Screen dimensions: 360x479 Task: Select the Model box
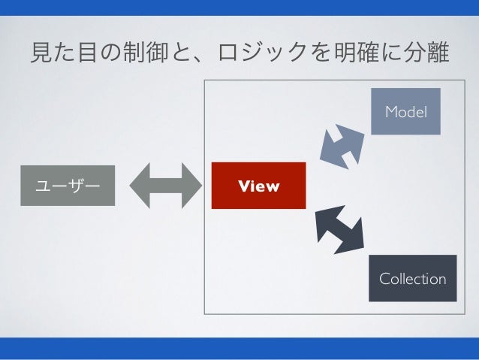[405, 112]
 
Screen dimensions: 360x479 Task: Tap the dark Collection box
[412, 278]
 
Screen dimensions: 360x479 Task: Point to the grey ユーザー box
[68, 185]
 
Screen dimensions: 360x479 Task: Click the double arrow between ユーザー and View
[167, 185]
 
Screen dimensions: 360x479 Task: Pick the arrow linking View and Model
[342, 143]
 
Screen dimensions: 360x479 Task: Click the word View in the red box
[258, 186]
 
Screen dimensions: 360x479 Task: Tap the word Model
[405, 112]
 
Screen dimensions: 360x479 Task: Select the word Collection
[412, 279]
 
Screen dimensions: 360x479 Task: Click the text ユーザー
[68, 185]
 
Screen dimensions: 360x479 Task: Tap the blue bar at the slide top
[239, 8]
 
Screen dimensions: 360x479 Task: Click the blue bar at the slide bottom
[239, 349]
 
